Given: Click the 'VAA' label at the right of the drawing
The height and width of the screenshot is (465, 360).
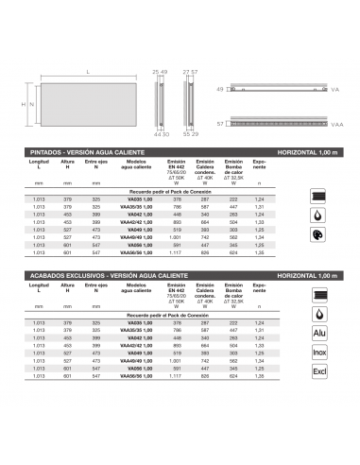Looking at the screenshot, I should pyautogui.click(x=337, y=124).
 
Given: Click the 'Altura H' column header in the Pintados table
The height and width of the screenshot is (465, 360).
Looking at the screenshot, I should pyautogui.click(x=67, y=165).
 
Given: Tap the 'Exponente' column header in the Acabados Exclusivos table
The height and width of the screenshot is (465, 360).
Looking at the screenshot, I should pyautogui.click(x=287, y=290).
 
